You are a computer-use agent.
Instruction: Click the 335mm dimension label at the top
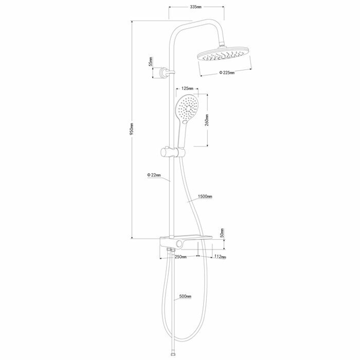(195, 7)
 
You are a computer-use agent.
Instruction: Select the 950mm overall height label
(132, 129)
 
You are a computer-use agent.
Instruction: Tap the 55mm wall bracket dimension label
(151, 62)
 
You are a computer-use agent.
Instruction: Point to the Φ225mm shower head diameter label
(227, 73)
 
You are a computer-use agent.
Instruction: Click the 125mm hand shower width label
(187, 88)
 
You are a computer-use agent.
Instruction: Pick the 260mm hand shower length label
(207, 120)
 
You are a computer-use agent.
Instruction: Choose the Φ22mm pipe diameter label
(154, 175)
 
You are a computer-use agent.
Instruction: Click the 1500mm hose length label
(205, 196)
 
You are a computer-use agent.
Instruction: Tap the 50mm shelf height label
(222, 233)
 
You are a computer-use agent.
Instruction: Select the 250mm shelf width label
(181, 257)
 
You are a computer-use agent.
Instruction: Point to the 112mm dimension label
(220, 257)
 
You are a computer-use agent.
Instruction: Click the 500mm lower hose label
(185, 296)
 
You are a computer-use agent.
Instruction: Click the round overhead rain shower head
(224, 54)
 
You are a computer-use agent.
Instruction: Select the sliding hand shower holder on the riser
(173, 152)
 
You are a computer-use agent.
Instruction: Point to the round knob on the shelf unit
(179, 245)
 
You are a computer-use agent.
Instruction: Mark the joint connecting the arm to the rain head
(222, 44)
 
